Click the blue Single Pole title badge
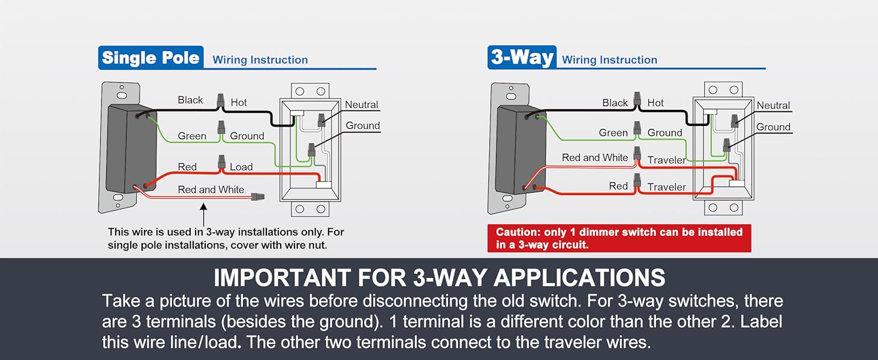click(151, 58)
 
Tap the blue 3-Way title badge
click(522, 58)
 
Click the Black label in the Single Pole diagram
click(190, 100)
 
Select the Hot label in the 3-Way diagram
click(656, 103)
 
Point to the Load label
click(241, 167)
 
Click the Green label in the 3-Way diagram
click(613, 133)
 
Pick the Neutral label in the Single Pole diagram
click(362, 105)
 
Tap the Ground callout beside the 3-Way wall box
click(773, 127)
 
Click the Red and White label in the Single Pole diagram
click(211, 190)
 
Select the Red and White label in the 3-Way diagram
click(595, 158)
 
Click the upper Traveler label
click(666, 160)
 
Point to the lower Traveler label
click(666, 187)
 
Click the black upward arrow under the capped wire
click(203, 215)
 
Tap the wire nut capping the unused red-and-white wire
click(258, 196)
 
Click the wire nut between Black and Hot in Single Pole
click(221, 100)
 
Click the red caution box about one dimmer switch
click(620, 238)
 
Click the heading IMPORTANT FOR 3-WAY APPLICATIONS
click(440, 278)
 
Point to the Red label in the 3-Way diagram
click(618, 186)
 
